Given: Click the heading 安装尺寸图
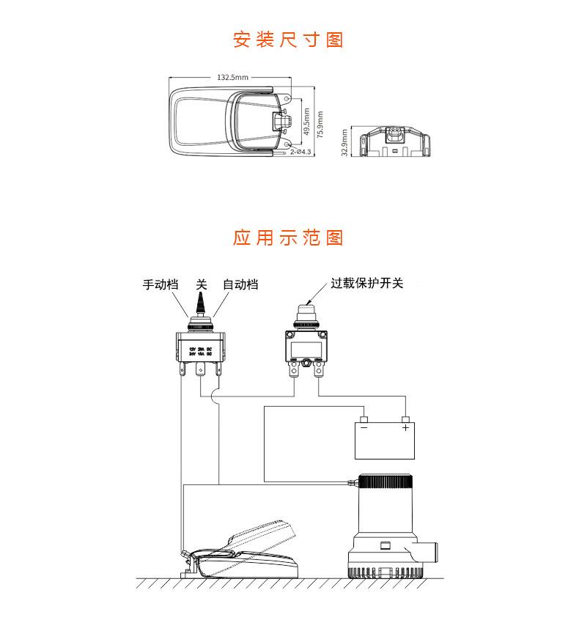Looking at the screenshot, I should (x=288, y=40).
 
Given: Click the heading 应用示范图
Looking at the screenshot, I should (x=288, y=238).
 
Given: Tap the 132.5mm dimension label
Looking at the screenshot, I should (x=233, y=76).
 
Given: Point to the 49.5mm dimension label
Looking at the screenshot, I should (x=306, y=122).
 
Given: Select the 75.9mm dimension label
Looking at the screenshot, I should (x=320, y=125).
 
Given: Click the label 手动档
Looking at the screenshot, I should (x=160, y=284).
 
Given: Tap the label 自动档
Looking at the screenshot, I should (x=240, y=284).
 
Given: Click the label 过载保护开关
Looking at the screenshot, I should (x=367, y=283).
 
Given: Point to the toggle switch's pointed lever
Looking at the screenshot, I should (x=199, y=303).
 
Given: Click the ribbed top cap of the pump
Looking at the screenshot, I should (x=385, y=485).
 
